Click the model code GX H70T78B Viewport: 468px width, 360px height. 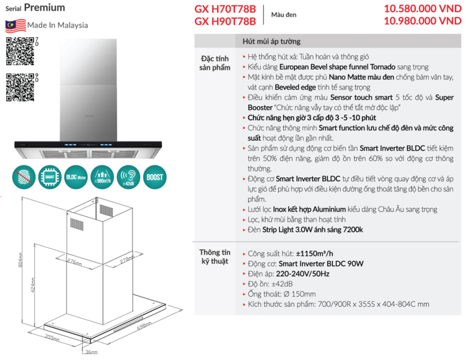coord(225,9)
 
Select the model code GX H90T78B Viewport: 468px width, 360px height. coord(225,21)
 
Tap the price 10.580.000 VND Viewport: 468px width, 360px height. coord(423,9)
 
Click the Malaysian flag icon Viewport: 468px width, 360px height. coord(15,25)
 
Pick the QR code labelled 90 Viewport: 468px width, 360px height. coord(19,87)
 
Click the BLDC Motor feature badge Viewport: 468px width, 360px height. coord(75,177)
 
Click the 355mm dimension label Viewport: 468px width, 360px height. coord(52,337)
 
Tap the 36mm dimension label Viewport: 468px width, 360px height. coord(92,352)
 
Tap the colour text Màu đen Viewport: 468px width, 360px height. coord(284,15)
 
